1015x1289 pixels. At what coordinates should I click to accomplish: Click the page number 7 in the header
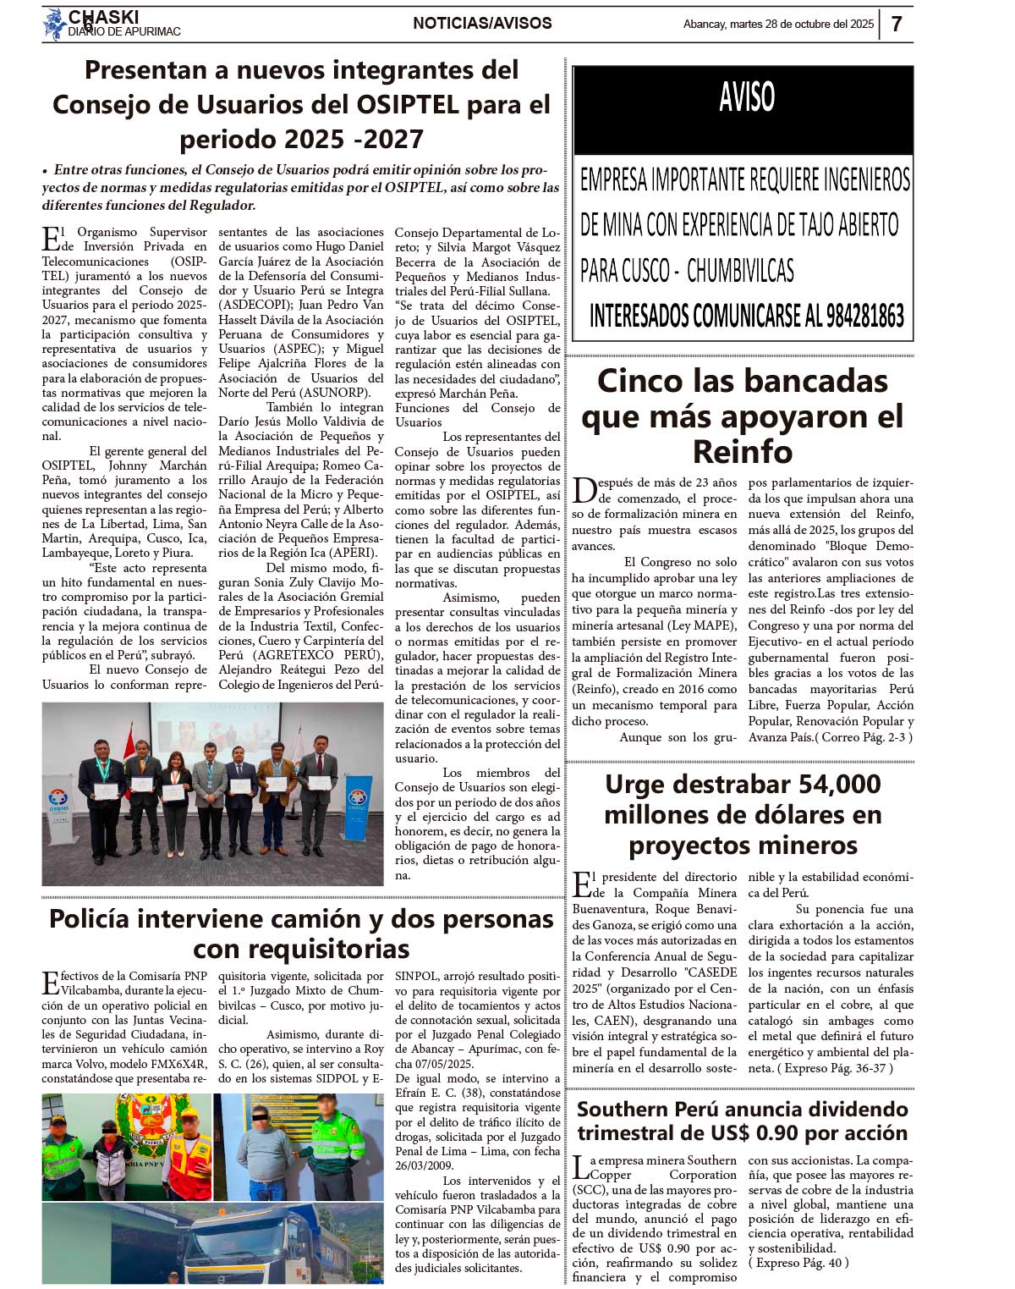click(897, 24)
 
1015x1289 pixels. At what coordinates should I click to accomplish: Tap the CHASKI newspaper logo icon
click(55, 25)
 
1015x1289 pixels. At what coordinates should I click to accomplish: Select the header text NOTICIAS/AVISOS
click(482, 24)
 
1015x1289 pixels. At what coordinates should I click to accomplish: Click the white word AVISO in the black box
click(746, 97)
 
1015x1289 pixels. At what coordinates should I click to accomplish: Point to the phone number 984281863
click(853, 316)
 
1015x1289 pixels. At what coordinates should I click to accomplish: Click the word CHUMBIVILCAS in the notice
click(740, 271)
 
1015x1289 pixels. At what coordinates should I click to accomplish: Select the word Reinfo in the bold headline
click(742, 452)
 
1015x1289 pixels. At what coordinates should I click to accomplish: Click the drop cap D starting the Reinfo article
click(584, 490)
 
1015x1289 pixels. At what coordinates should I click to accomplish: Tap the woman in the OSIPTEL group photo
click(177, 779)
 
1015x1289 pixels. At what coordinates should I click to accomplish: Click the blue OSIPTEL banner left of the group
click(59, 796)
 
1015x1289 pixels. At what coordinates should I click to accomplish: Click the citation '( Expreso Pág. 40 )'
click(798, 1263)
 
